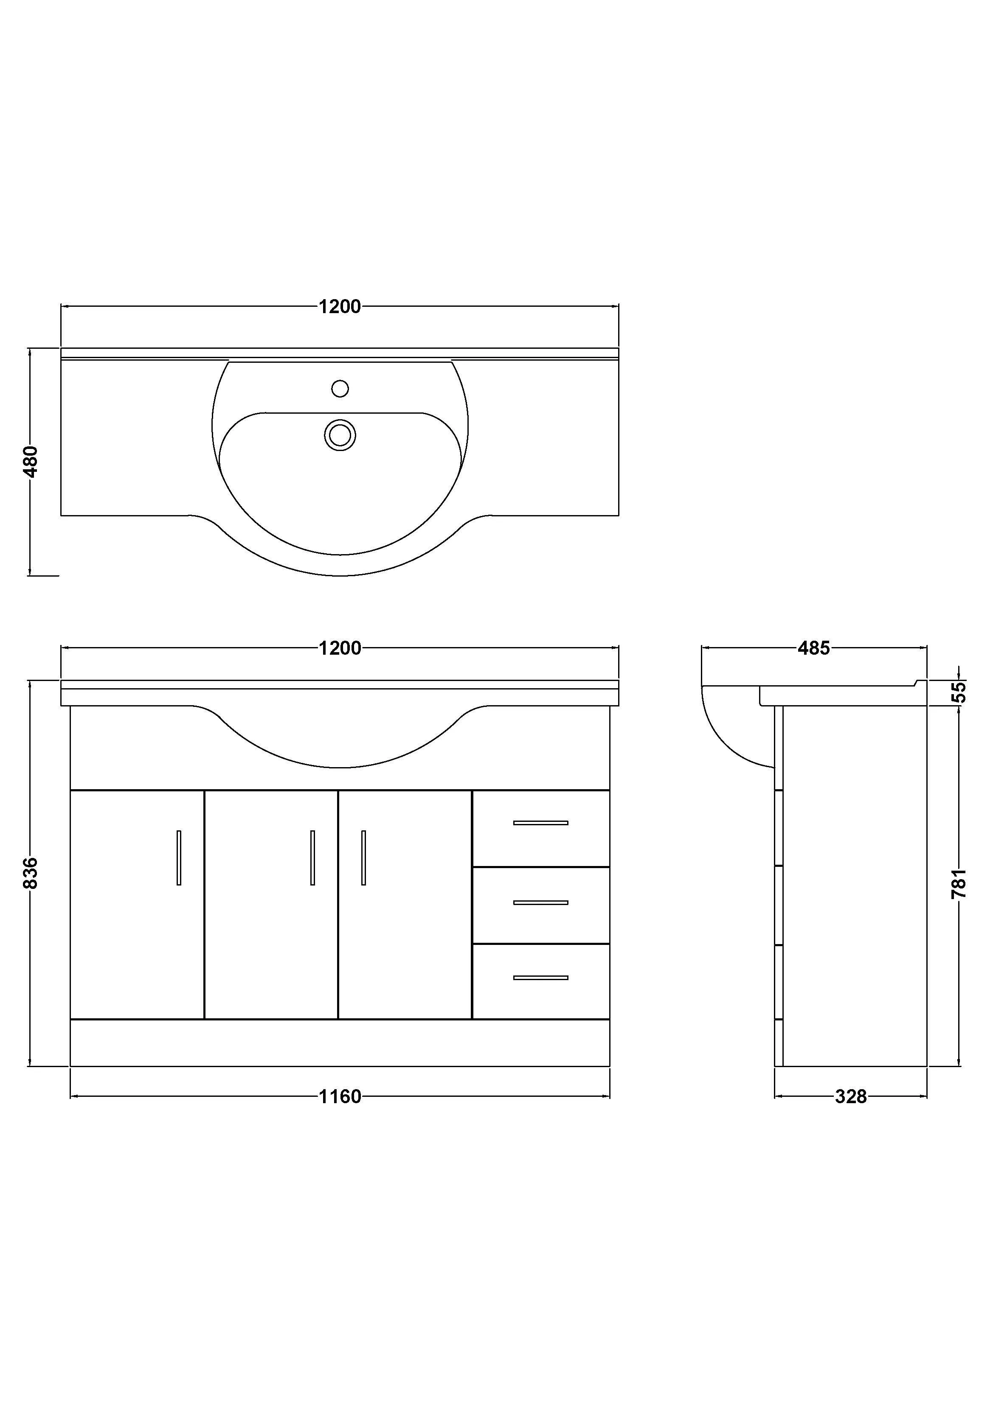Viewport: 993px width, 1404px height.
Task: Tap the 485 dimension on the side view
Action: (814, 648)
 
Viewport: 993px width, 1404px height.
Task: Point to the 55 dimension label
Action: (960, 692)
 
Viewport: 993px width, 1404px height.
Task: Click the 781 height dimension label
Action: (959, 883)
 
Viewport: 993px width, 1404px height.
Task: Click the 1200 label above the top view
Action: (340, 306)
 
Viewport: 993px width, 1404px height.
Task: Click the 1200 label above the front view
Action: (340, 648)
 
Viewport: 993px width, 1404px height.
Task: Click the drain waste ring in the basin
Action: (340, 435)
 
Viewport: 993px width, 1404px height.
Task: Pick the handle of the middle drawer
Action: (541, 902)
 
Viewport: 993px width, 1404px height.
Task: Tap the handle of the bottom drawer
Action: (541, 978)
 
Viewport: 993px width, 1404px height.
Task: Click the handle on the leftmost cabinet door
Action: (179, 858)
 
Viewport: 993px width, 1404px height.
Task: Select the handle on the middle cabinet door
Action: (312, 858)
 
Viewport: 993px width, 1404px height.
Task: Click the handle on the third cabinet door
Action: (363, 858)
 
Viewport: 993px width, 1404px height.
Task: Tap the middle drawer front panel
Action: (541, 917)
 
